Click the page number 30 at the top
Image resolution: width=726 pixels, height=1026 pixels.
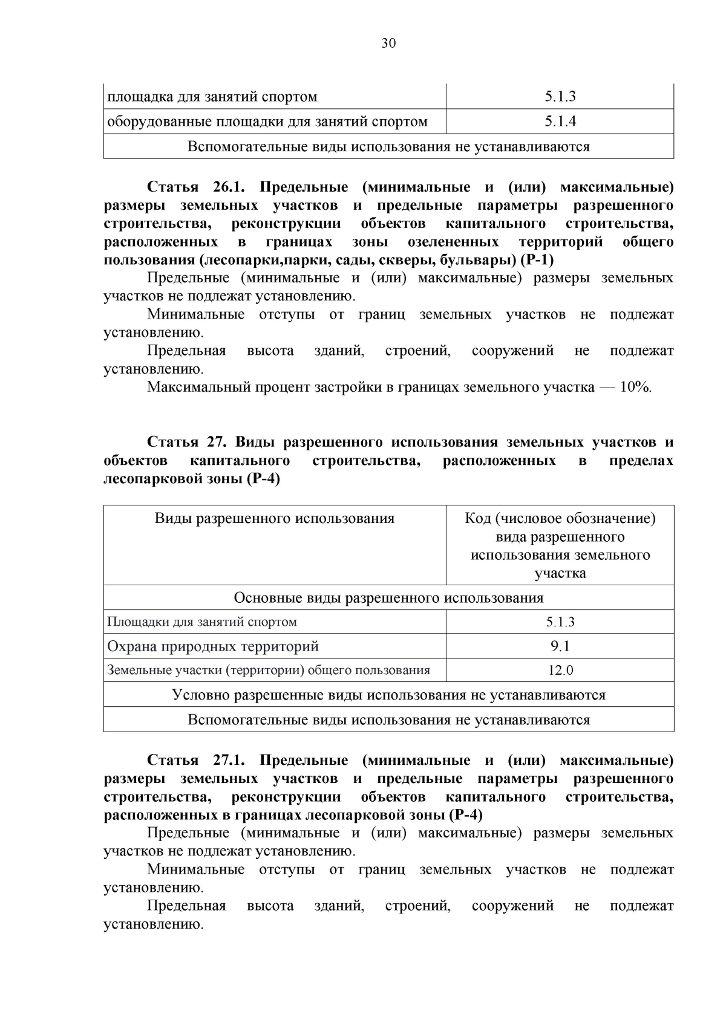click(388, 44)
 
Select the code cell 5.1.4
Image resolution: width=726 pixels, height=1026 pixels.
click(560, 122)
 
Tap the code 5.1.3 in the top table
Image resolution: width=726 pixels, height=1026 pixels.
click(560, 97)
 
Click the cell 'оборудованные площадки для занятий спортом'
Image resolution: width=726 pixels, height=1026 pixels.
click(267, 122)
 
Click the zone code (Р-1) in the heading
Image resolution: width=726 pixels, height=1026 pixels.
click(537, 261)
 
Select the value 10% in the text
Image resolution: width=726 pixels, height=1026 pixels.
click(635, 388)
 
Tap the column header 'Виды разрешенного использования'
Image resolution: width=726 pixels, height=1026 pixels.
click(274, 519)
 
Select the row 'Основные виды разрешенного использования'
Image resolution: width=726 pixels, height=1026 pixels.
click(388, 598)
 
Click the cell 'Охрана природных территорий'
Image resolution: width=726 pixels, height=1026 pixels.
click(213, 646)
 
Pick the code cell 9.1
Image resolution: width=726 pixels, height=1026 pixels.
click(560, 646)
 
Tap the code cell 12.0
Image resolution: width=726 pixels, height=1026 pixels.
click(560, 670)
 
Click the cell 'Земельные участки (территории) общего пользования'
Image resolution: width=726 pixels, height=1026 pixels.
click(268, 670)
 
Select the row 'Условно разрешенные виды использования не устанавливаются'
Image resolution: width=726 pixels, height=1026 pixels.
click(388, 695)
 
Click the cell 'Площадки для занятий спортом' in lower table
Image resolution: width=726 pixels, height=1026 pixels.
click(202, 622)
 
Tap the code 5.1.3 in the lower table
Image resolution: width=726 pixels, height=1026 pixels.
click(560, 622)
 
